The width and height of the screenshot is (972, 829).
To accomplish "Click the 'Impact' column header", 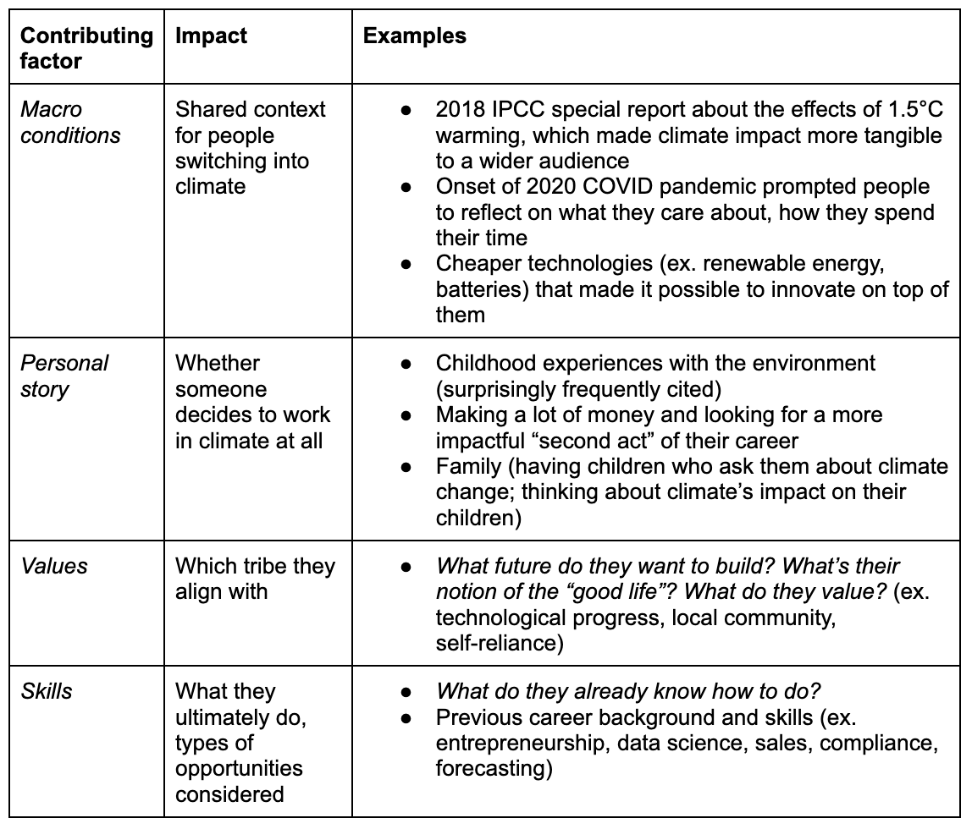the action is coord(211,36).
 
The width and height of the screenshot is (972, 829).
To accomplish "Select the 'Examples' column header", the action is coord(414,36).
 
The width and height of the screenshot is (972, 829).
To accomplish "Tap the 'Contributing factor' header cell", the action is coord(86,48).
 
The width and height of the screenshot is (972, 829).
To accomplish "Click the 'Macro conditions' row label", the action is coord(70,122).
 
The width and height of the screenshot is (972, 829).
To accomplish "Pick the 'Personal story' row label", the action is coord(64,376).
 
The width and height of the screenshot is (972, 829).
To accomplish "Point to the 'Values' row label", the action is coord(54,566).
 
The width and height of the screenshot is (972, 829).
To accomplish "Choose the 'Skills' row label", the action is coord(47,691).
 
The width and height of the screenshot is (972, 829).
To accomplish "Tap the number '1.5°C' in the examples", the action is coord(915,110).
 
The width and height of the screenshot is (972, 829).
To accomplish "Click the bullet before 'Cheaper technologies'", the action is coord(406,265).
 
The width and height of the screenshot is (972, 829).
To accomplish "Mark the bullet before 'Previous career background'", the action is coord(406,718).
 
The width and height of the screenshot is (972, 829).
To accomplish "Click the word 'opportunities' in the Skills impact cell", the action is coord(239,768).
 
